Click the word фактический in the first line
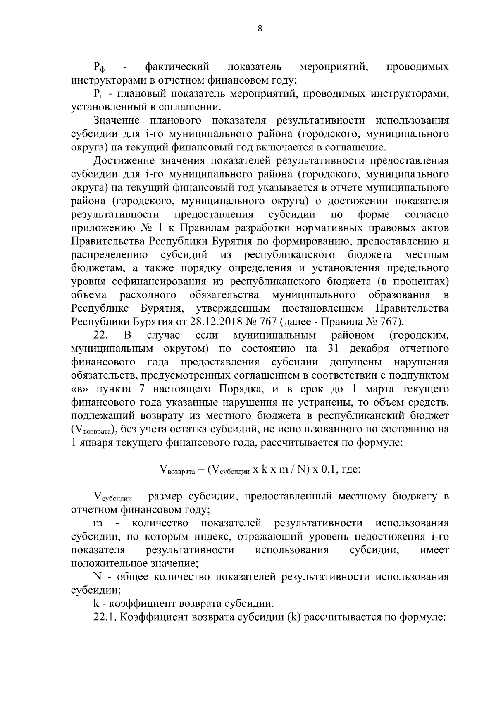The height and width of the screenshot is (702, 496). [177, 67]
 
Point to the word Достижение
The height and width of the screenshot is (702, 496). [124, 161]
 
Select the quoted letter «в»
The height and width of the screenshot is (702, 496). [79, 389]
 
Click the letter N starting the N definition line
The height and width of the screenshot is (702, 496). [98, 577]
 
